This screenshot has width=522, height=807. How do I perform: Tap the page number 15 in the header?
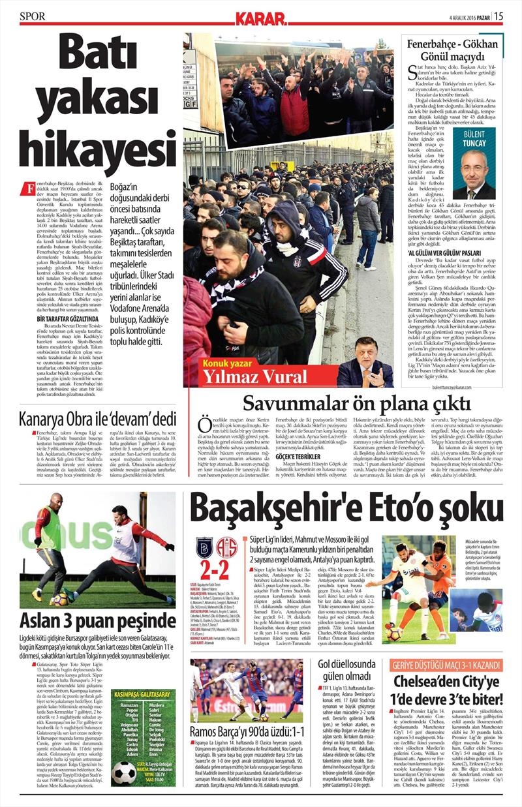pyautogui.click(x=499, y=16)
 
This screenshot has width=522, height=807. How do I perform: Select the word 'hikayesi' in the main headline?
pyautogui.click(x=94, y=152)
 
